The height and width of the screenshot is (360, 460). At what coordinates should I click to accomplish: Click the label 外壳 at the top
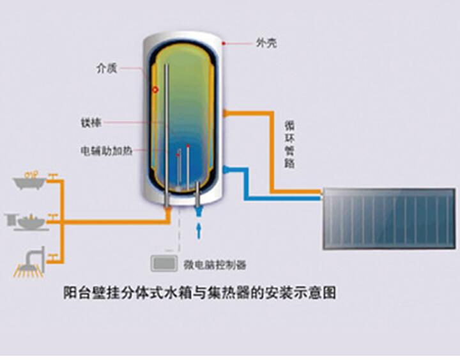click(266, 43)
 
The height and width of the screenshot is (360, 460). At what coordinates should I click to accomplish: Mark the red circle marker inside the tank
click(155, 91)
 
